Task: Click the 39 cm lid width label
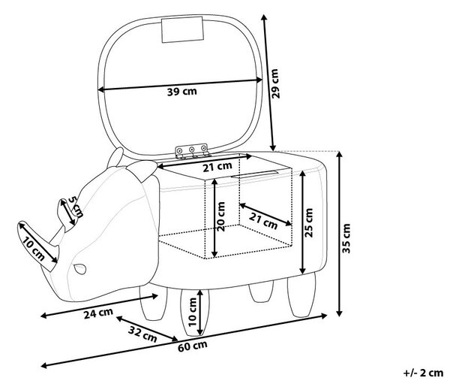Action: [182, 92]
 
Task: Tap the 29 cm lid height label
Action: [275, 83]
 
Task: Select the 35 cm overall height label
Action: [346, 238]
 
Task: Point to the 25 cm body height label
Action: [308, 222]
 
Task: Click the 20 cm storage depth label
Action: [221, 216]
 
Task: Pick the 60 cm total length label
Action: [192, 346]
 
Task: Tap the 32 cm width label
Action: [142, 334]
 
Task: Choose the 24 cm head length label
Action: [98, 313]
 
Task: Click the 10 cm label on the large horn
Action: [34, 249]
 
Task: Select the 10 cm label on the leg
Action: [192, 312]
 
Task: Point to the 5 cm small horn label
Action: [76, 207]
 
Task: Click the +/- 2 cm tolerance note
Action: [423, 373]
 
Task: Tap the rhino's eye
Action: [79, 269]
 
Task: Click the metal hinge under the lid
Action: [192, 151]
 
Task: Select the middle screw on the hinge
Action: [191, 150]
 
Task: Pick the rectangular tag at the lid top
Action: [182, 29]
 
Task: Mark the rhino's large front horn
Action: [38, 246]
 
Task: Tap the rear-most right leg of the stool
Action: [301, 295]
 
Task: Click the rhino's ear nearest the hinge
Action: [142, 170]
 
